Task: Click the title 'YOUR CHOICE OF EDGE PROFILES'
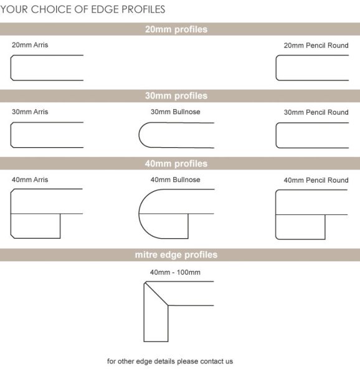click(83, 9)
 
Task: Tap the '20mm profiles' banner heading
click(176, 29)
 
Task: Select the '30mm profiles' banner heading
click(176, 96)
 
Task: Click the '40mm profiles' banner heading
click(176, 164)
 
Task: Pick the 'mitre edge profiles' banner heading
click(176, 255)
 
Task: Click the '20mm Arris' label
click(30, 45)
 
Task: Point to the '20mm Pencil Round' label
click(316, 46)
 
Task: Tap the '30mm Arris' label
click(30, 112)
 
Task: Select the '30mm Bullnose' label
click(176, 112)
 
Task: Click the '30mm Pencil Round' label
click(316, 113)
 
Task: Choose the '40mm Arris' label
click(30, 180)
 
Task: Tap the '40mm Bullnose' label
click(176, 180)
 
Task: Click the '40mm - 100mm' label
click(176, 272)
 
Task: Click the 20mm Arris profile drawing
click(47, 68)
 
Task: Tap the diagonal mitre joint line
click(157, 294)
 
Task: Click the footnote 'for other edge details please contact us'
click(170, 362)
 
